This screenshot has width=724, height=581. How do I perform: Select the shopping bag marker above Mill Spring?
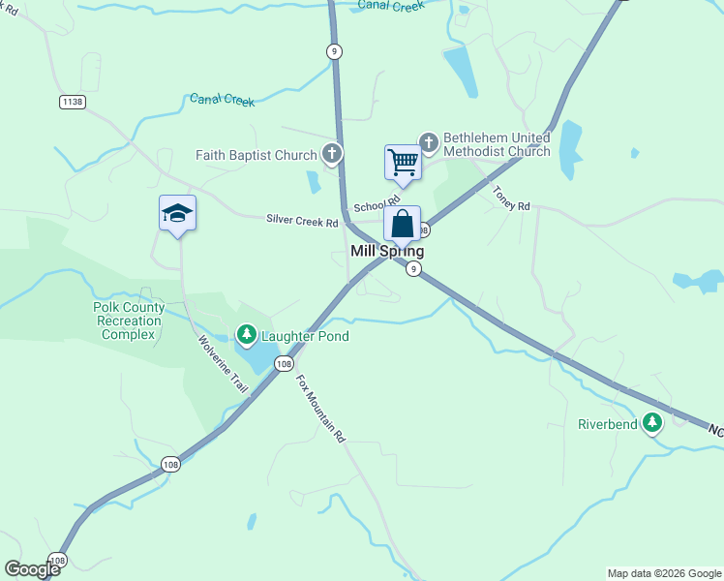pos(402,224)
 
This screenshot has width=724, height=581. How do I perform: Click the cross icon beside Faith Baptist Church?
pos(332,154)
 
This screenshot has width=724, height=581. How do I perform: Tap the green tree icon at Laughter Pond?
pos(246,336)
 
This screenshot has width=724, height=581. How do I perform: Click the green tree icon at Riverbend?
pos(653,423)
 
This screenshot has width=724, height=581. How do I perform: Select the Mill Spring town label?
pos(386,251)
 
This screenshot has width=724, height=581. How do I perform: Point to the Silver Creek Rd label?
pos(302,221)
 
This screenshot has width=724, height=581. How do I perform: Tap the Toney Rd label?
pos(511,199)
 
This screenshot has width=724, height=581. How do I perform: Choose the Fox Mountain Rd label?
pos(320,408)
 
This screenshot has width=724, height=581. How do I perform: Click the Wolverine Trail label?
pos(224,364)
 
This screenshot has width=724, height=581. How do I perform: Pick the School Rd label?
pos(376,205)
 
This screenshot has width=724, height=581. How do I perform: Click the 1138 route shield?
pos(72,102)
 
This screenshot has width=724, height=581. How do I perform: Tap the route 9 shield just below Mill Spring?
pos(413,269)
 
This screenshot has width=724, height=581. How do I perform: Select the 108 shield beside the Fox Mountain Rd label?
pos(283,364)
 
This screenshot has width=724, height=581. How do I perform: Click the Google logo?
pos(32,569)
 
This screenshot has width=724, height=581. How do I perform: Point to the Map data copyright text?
pos(663,573)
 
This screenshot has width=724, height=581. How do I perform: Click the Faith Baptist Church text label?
pos(256,155)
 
